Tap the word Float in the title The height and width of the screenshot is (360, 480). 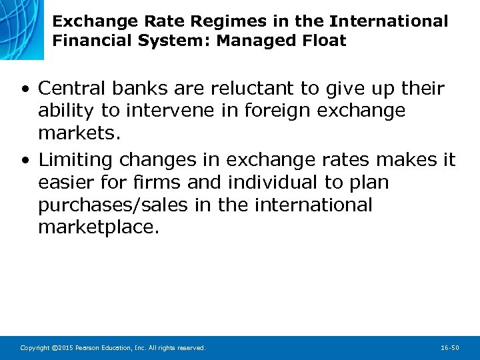coord(323,41)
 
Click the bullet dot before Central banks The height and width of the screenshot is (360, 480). coord(24,89)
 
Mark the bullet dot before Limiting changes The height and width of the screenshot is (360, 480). coord(24,161)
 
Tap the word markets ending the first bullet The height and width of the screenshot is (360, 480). coord(79,133)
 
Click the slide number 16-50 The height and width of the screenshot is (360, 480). coord(449,348)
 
